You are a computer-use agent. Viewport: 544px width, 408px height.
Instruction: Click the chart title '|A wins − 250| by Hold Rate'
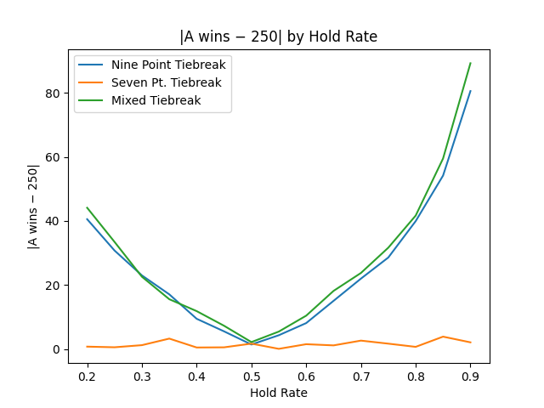[278, 37]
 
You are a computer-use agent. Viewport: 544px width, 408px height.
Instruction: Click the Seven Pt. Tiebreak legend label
[166, 82]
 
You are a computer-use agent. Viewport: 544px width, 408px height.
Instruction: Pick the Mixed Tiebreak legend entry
[156, 100]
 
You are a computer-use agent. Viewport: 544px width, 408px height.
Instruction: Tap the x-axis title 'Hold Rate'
[278, 393]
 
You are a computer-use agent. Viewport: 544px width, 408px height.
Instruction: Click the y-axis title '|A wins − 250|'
[33, 207]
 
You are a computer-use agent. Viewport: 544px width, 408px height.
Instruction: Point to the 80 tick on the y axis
[54, 93]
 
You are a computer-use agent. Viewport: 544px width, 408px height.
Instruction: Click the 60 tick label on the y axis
[54, 157]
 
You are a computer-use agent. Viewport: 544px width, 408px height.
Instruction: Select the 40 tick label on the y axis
[54, 221]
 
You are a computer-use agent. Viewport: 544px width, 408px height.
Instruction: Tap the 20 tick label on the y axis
[54, 286]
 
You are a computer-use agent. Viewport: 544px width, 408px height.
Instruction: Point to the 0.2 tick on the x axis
[88, 377]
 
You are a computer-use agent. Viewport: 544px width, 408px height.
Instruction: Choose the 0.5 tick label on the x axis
[252, 377]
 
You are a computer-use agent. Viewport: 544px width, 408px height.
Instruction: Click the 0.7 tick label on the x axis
[361, 377]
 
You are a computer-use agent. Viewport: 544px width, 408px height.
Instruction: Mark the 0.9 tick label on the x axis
[470, 377]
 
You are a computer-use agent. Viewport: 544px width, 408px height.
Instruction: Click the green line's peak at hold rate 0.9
[470, 63]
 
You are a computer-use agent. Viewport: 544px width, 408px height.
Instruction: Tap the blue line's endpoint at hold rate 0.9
[470, 91]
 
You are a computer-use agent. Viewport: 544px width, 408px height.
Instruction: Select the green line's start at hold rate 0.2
[88, 207]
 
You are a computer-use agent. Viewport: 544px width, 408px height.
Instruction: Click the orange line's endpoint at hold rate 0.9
[470, 343]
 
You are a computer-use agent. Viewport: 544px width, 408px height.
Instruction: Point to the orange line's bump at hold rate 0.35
[169, 338]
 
